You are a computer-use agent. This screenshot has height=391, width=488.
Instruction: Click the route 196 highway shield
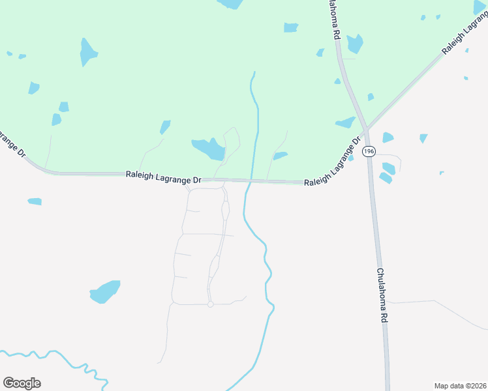coord(369,151)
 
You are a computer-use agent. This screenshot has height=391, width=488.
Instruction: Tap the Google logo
coord(22,383)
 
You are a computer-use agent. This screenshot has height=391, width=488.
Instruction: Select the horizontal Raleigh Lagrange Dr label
coord(164,175)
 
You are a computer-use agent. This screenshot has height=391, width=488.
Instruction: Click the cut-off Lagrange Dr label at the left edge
coord(12,144)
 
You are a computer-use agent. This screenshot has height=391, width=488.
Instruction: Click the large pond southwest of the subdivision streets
coord(105,291)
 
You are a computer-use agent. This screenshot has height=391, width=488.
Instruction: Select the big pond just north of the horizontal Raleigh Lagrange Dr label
coord(209,149)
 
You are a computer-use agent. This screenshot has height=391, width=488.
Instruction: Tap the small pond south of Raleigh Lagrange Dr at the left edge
coord(35,201)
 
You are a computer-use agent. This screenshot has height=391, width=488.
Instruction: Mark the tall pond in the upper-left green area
coord(87,51)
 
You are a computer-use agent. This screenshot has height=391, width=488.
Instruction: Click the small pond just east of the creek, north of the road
coord(280,156)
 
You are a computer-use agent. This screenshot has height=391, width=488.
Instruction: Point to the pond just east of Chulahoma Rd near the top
coord(355,44)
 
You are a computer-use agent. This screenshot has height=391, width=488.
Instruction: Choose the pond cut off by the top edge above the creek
coord(230,3)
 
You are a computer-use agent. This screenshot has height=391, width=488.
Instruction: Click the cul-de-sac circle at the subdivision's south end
coord(210,304)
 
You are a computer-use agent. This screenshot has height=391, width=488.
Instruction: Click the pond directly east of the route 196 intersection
coord(388,137)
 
